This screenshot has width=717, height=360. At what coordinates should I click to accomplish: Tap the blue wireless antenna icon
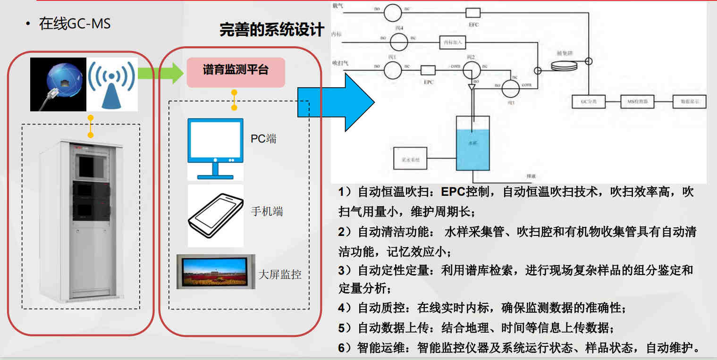coord(111,84)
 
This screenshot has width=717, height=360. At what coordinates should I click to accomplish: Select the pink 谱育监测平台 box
coord(236,72)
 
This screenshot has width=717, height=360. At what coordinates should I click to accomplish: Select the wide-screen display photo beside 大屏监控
coord(216,272)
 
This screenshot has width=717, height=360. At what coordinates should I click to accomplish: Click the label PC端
coord(263,139)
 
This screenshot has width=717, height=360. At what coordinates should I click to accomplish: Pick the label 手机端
coord(267,211)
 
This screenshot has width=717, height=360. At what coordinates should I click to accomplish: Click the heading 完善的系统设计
coord(272,30)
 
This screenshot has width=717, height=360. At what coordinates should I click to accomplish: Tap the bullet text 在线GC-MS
coord(75,24)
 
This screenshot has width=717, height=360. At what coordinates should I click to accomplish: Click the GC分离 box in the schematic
coord(589,102)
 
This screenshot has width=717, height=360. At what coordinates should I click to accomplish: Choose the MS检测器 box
coord(637,102)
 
